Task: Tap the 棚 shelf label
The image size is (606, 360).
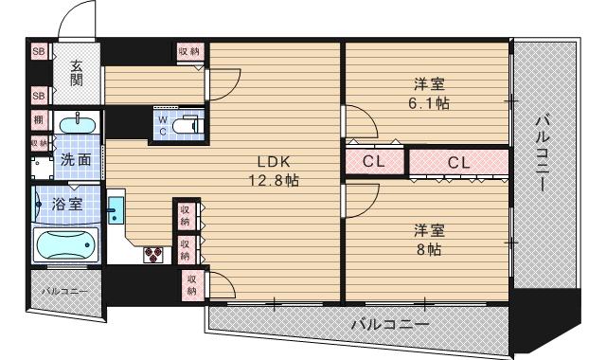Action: click(39, 120)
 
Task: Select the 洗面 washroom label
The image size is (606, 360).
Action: click(76, 160)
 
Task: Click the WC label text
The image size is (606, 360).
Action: click(162, 125)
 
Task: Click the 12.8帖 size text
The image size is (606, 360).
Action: click(275, 179)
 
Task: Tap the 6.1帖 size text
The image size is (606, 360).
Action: click(428, 102)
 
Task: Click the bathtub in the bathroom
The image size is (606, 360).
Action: click(66, 247)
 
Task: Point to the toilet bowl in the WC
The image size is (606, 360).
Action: click(189, 124)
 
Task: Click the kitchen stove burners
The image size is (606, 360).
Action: click(153, 253)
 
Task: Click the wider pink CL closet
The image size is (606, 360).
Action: click(458, 162)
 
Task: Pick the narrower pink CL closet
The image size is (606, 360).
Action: click(374, 162)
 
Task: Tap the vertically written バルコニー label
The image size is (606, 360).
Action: click(544, 153)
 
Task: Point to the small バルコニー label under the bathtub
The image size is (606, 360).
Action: click(60, 291)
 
